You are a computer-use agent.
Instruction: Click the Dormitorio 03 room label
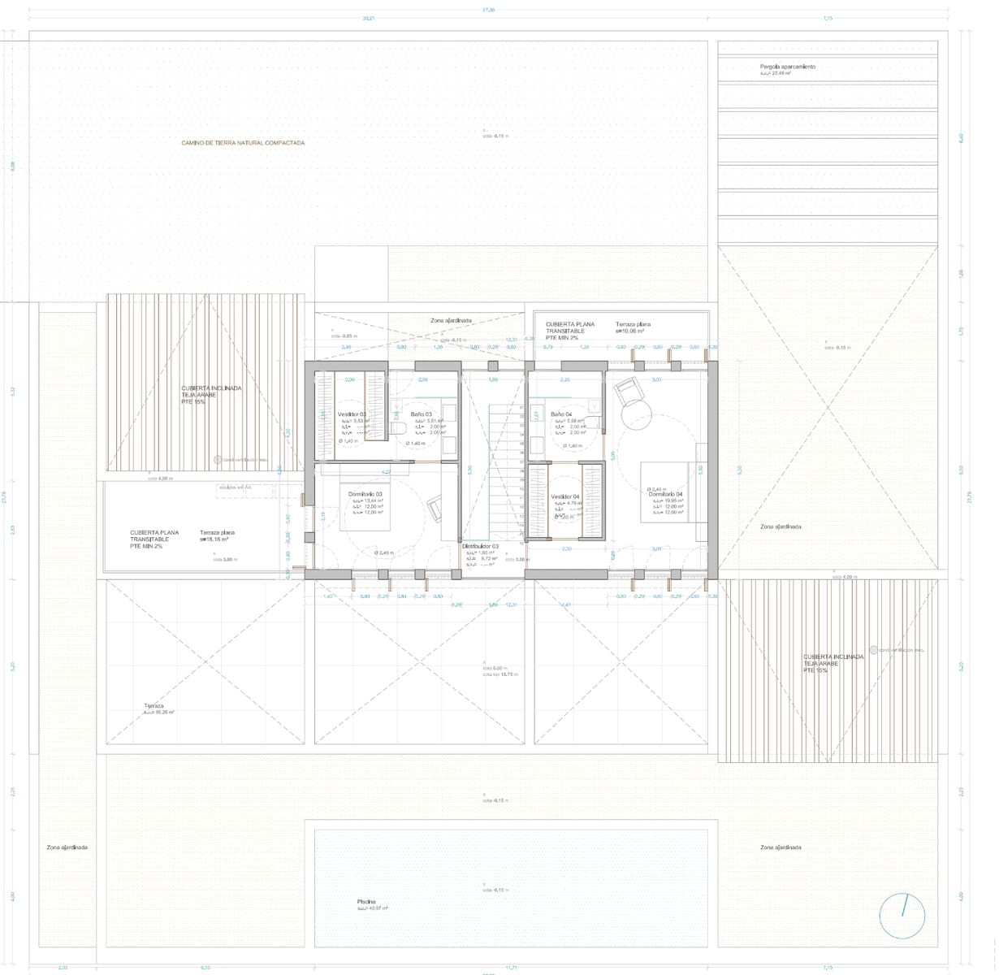[365, 494]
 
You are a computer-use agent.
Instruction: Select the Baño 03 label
[421, 414]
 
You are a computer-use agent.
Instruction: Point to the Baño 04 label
[561, 414]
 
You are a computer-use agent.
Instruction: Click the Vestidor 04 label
[565, 496]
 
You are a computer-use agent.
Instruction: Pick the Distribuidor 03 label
[481, 547]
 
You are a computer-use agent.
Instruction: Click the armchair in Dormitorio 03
[434, 509]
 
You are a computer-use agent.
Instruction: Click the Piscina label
[365, 902]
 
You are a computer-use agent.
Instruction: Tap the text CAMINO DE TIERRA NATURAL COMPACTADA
[243, 143]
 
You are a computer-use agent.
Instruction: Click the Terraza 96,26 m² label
[154, 706]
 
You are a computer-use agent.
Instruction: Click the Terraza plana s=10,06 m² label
[633, 325]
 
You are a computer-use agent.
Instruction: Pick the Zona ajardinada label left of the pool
[67, 847]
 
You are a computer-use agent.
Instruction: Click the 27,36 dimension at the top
[488, 10]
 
